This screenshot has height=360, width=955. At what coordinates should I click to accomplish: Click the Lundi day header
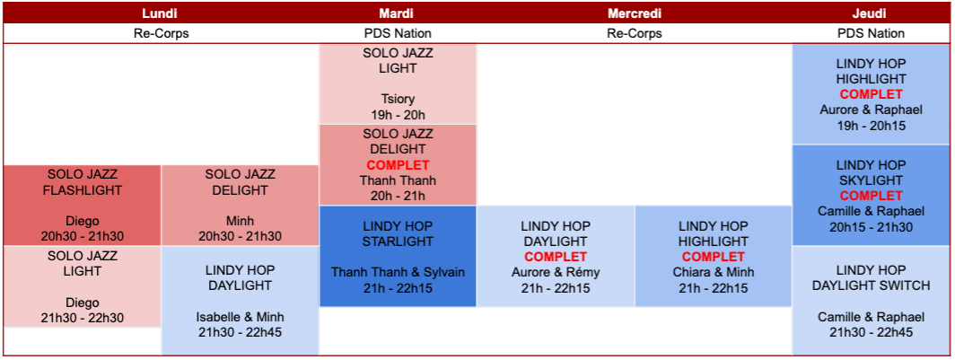pos(161,13)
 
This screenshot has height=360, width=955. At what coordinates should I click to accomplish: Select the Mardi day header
pos(398,13)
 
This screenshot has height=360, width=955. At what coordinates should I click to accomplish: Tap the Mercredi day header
pos(634,13)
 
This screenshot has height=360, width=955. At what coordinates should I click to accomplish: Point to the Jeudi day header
pos(871,13)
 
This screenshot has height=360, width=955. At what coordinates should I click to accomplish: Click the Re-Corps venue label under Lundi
pos(161,33)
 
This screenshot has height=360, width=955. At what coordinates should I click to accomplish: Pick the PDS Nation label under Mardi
pos(398,33)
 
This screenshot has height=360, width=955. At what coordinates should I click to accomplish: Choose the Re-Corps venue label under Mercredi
pos(634,33)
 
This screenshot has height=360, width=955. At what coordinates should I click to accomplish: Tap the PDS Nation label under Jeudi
pos(871,33)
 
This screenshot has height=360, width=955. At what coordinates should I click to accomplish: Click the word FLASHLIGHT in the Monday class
pos(83,190)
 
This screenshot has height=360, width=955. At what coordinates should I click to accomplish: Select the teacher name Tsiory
pos(398,100)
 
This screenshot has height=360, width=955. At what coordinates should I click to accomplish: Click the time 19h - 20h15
pos(871,126)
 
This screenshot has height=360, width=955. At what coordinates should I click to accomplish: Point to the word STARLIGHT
pos(398,241)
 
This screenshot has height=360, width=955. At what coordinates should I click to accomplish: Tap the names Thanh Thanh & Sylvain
pos(398,272)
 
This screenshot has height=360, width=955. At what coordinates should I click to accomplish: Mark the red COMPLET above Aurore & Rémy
pos(556,257)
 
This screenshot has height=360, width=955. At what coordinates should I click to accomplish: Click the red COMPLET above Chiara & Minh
pos(714,257)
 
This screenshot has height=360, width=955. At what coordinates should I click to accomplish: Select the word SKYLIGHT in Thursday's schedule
pos(871,180)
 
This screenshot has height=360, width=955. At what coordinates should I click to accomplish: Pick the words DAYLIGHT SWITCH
pos(871,285)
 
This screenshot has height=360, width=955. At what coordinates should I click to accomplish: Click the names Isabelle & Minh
pos(240,317)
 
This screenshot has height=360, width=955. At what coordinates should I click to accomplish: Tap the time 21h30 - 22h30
pos(83,318)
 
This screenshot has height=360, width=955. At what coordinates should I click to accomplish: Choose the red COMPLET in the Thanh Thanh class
pos(398,164)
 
